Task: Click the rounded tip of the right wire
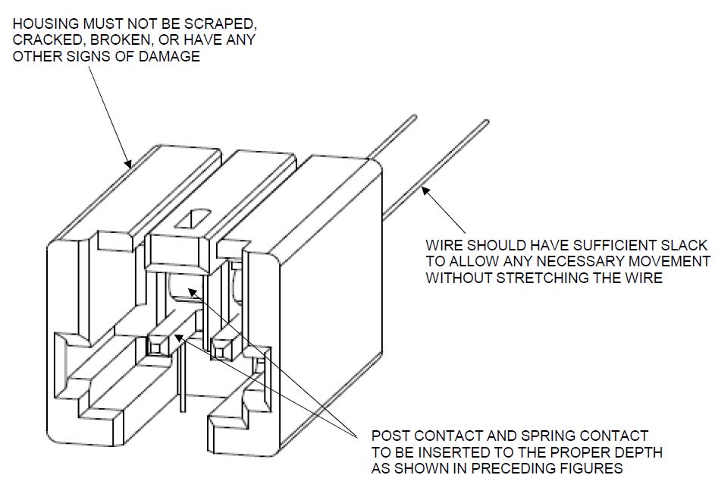point(485,121)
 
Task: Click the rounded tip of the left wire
point(414,117)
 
